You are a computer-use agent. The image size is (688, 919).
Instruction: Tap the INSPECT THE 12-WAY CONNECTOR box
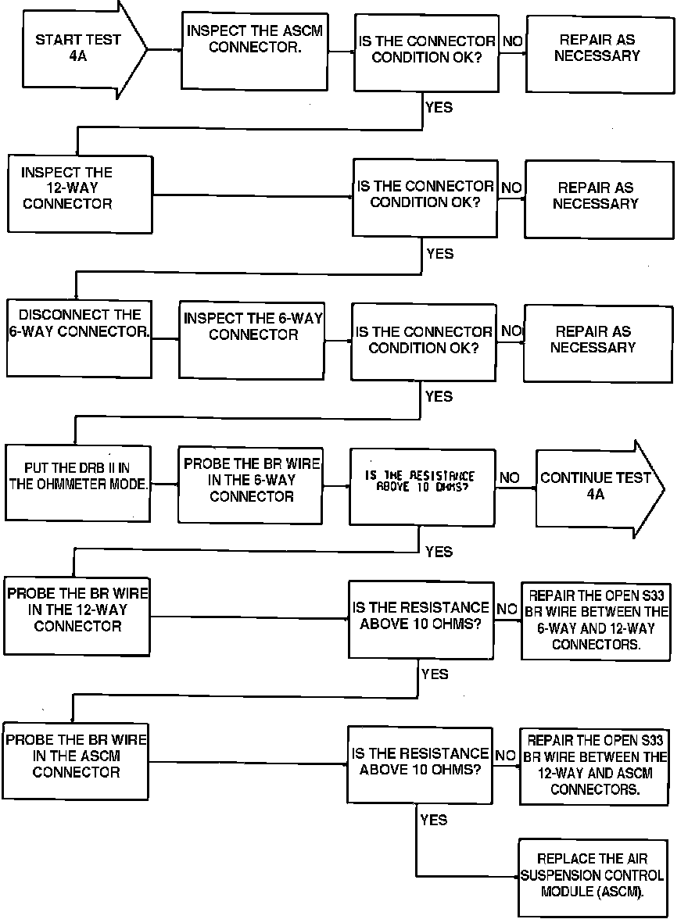(x=78, y=193)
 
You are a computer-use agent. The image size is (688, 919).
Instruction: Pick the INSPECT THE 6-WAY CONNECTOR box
(x=253, y=339)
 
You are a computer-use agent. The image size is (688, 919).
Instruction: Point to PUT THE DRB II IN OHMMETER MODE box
(x=78, y=482)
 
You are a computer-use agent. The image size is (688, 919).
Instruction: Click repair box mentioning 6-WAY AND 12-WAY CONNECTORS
(x=595, y=620)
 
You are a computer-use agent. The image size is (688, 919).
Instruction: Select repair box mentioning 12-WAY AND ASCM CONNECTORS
(x=594, y=765)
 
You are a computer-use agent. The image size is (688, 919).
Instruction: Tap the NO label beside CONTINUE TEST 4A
(x=509, y=477)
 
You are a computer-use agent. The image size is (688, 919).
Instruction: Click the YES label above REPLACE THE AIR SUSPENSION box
(x=434, y=819)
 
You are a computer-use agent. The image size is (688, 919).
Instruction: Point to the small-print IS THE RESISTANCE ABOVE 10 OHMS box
(x=422, y=486)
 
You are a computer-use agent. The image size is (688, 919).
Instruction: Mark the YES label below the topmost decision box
(x=439, y=107)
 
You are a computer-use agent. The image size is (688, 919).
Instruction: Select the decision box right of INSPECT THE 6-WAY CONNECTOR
(x=423, y=341)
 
